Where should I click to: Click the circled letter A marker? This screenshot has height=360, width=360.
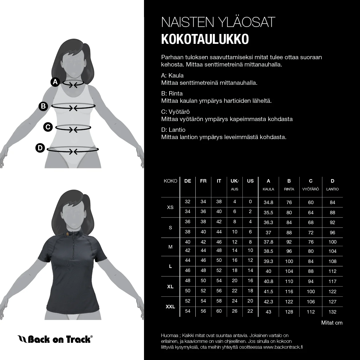click(x=55, y=82)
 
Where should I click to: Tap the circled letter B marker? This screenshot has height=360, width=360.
click(x=43, y=106)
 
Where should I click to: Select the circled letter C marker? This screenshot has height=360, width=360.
click(x=48, y=127)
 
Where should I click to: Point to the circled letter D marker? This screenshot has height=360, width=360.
click(x=40, y=148)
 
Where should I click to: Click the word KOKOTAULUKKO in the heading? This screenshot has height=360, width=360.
click(x=205, y=39)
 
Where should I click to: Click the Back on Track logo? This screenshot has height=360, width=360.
click(x=55, y=339)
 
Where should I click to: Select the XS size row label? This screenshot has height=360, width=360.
click(x=170, y=207)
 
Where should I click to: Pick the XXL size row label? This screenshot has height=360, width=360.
click(x=170, y=307)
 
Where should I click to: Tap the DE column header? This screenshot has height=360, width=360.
click(x=188, y=181)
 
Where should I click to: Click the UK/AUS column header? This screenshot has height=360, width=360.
click(x=235, y=184)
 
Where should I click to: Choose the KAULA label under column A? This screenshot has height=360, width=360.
click(x=268, y=189)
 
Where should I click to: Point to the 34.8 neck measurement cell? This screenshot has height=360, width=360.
click(x=268, y=202)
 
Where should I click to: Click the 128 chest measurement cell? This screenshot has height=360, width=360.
click(x=289, y=312)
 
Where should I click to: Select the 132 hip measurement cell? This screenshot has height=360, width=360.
click(x=332, y=312)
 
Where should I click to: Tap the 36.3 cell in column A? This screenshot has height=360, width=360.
click(x=268, y=222)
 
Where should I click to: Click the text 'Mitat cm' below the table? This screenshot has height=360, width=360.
click(x=332, y=323)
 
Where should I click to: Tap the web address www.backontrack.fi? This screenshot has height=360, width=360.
click(x=283, y=347)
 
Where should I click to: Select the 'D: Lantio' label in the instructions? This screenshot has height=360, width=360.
click(x=173, y=130)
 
